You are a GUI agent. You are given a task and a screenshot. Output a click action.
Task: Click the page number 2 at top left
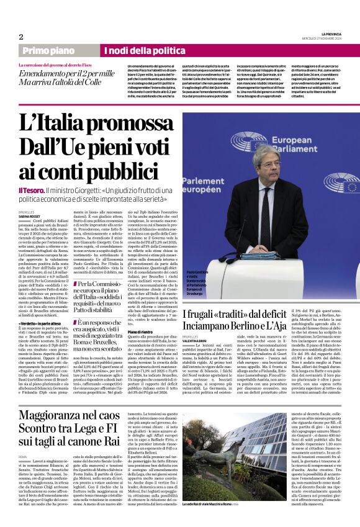(21, 37)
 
